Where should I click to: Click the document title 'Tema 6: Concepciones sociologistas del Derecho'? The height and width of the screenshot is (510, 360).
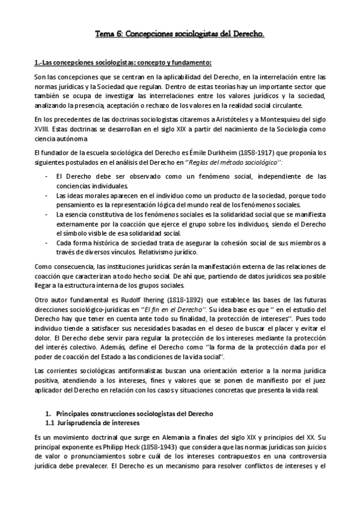point(180,35)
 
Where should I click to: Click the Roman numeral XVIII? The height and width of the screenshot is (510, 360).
point(44,129)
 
